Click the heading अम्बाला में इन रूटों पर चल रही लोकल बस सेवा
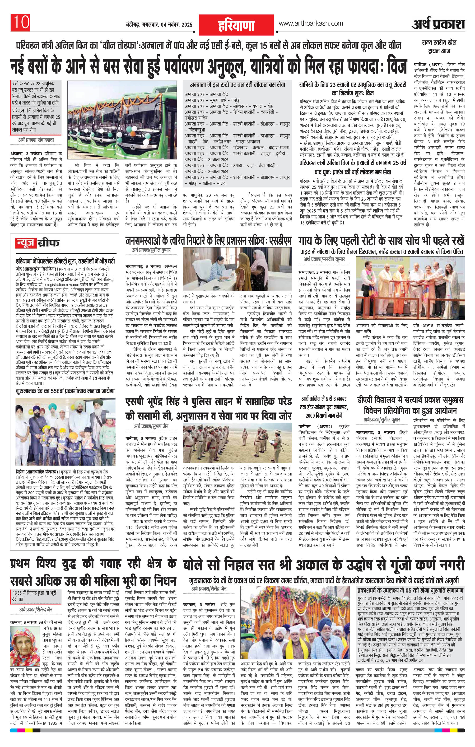tap(237, 85)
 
